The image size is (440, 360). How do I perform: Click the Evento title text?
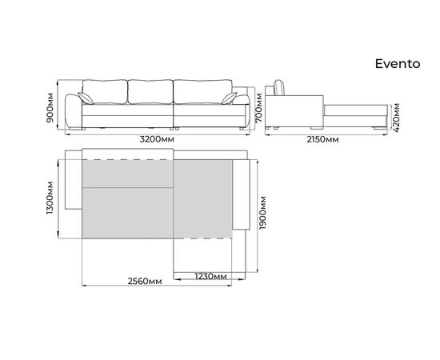398,64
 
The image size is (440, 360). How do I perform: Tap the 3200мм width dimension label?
157,139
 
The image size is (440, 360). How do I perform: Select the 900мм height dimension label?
50,107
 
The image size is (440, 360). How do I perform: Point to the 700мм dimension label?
258,107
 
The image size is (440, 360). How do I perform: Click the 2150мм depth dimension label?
322,139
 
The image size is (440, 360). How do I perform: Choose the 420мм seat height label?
396,118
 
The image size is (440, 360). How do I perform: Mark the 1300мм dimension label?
50,198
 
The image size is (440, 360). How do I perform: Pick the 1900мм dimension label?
263,213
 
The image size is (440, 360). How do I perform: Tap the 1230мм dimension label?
210,276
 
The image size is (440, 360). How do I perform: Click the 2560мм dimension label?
145,281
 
